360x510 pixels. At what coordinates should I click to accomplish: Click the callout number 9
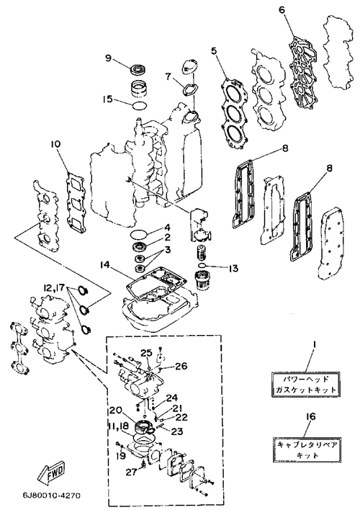(x=108, y=58)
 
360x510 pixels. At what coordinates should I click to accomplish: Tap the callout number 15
(x=108, y=99)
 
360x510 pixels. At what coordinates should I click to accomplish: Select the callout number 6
(x=282, y=10)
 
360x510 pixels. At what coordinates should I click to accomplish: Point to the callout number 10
(x=56, y=144)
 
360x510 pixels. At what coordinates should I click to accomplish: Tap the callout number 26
(x=181, y=366)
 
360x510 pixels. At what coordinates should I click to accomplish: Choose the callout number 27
(x=132, y=473)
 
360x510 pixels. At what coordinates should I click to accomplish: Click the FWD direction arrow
(x=53, y=471)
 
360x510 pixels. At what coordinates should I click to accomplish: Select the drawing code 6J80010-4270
(x=51, y=496)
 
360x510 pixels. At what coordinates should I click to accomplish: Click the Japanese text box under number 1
(x=306, y=385)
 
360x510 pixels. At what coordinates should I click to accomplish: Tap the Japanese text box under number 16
(x=306, y=449)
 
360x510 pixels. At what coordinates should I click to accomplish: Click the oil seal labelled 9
(x=138, y=69)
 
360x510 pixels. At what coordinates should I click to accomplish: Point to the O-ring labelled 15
(x=140, y=104)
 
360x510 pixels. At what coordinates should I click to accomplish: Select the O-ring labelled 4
(x=139, y=233)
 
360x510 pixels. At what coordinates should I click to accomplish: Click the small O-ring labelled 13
(x=202, y=266)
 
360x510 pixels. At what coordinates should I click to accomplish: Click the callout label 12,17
(x=53, y=288)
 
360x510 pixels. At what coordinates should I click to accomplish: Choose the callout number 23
(x=177, y=431)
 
